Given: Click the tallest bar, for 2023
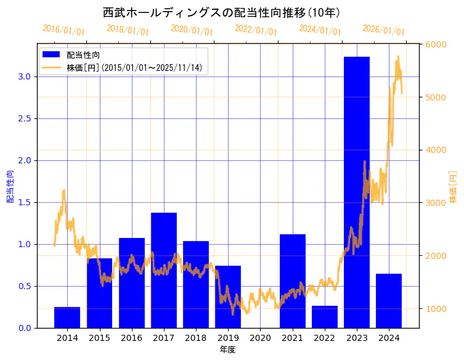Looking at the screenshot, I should click(356, 192).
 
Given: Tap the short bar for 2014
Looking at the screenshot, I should click(67, 317).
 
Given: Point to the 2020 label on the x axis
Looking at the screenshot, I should click(260, 338).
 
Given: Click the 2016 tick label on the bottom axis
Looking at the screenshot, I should click(131, 338).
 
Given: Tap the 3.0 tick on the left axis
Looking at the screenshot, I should click(25, 76).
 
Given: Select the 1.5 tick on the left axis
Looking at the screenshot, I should click(25, 202).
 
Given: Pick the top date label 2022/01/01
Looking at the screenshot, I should click(256, 30).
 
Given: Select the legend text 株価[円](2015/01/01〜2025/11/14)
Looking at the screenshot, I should click(134, 67).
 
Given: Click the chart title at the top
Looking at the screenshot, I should click(221, 12).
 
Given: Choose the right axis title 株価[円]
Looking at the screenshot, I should click(454, 187).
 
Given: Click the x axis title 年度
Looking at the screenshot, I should click(227, 350).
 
